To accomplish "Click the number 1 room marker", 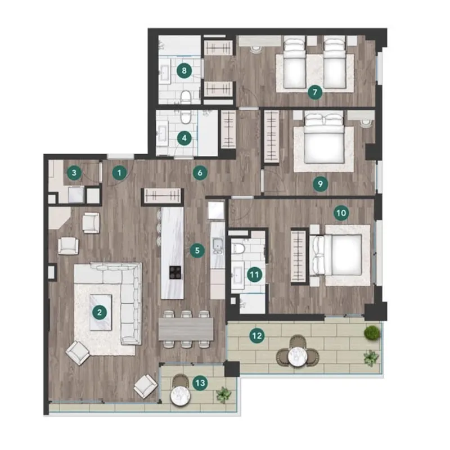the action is click(x=119, y=173).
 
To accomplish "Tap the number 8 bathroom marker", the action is click(x=184, y=70).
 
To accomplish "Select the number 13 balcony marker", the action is click(x=200, y=382).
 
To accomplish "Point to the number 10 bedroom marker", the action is click(x=341, y=213).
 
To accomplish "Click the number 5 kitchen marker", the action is click(x=197, y=250).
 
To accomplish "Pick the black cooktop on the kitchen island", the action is click(x=175, y=272).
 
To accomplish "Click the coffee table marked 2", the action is click(x=101, y=313).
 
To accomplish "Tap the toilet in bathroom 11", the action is click(x=237, y=248).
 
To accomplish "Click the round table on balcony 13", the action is click(x=180, y=395).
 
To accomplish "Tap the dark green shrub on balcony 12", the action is click(x=372, y=333).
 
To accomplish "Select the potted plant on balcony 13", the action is click(x=223, y=394).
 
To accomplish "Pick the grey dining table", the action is click(x=186, y=329).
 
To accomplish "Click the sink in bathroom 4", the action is click(x=162, y=133).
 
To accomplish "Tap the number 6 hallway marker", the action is click(x=200, y=173).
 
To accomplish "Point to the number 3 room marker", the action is click(x=74, y=173).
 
